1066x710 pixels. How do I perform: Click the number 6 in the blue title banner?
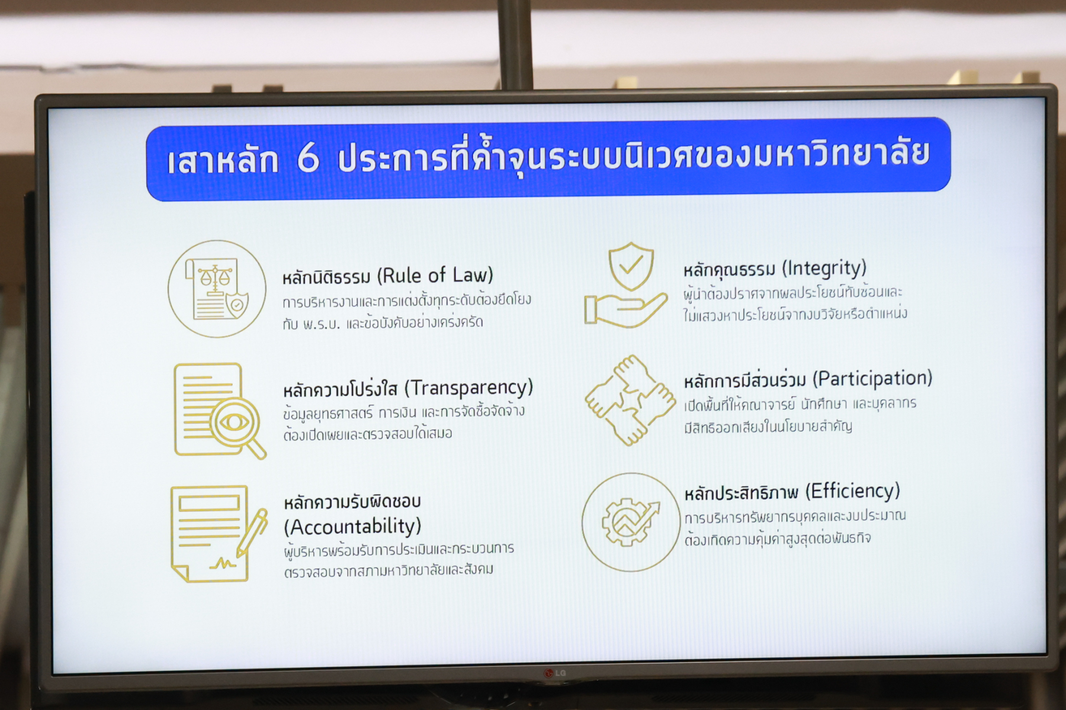click(x=308, y=158)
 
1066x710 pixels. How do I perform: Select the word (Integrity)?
click(x=824, y=269)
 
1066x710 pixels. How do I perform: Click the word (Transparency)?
click(x=468, y=388)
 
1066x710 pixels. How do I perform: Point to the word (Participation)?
click(x=872, y=379)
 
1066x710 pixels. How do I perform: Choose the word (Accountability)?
click(x=352, y=527)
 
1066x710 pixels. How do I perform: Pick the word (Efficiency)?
click(x=852, y=491)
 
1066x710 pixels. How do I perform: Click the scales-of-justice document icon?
click(x=217, y=289)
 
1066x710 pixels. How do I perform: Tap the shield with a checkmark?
click(x=631, y=266)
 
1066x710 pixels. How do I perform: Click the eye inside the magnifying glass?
click(x=235, y=422)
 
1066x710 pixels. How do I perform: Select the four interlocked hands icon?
click(x=630, y=400)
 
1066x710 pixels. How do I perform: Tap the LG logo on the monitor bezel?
click(x=555, y=673)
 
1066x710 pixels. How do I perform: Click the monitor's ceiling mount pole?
click(x=515, y=44)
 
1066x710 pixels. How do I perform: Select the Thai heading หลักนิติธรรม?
click(x=326, y=277)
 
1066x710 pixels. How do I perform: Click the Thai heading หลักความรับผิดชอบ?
click(x=352, y=502)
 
